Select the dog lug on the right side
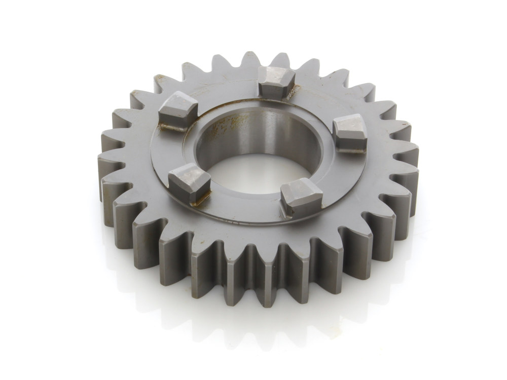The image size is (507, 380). coord(350,133)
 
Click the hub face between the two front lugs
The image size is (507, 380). coord(243,203)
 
